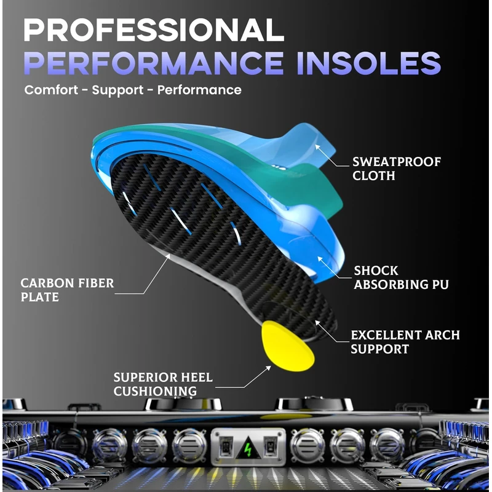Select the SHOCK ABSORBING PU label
[401, 277]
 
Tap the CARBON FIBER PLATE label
[67, 290]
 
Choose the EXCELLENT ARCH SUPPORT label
[405, 342]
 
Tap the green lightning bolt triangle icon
[247, 445]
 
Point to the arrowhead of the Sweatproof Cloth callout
[317, 147]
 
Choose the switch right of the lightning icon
[269, 445]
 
